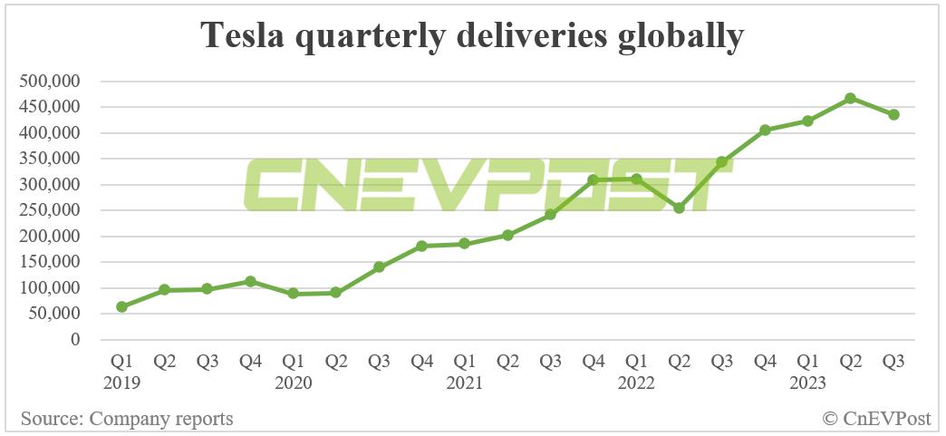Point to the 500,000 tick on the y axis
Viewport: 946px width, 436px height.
coord(50,82)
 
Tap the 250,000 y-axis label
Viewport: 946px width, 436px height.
coord(50,210)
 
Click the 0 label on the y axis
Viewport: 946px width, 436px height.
coord(76,340)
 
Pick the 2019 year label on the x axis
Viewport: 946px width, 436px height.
coord(121,383)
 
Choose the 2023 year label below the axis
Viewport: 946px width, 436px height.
coord(807,383)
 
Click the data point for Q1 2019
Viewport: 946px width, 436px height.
coord(121,307)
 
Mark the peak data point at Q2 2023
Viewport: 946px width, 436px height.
coord(851,98)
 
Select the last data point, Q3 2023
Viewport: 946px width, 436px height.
coord(893,114)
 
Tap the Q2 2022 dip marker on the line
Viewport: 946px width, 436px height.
coord(679,208)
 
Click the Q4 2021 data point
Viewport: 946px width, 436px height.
coord(594,180)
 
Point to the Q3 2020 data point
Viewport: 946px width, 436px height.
coord(379,267)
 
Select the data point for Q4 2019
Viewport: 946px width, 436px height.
coord(250,282)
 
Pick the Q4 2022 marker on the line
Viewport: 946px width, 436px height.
coord(765,130)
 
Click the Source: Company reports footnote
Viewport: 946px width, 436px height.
coord(127,419)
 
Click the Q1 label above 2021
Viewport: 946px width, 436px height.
coord(465,362)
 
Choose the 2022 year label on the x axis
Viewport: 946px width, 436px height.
coord(636,383)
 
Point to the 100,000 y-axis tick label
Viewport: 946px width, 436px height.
coord(50,288)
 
